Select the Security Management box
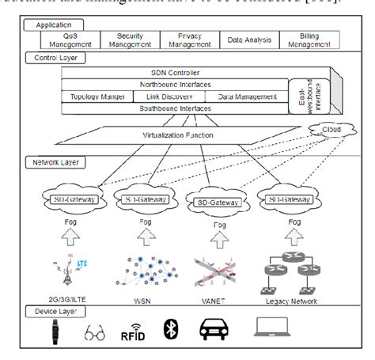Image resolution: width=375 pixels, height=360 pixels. (x=130, y=40)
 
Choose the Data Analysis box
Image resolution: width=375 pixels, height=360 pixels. (x=244, y=40)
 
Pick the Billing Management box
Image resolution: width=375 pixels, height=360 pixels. (x=300, y=40)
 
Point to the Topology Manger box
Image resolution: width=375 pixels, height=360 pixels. (x=92, y=97)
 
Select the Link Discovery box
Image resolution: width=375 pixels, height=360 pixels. (x=153, y=97)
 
